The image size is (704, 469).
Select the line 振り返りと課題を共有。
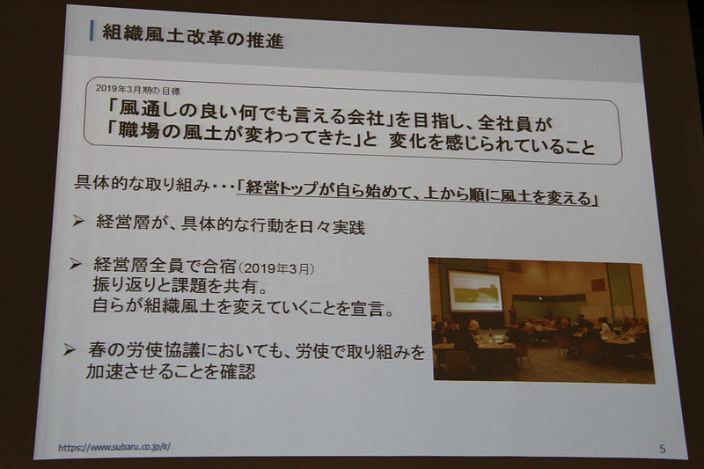[x=181, y=287]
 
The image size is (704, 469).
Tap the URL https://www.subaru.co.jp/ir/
[x=114, y=447]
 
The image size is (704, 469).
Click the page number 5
[x=662, y=449]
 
